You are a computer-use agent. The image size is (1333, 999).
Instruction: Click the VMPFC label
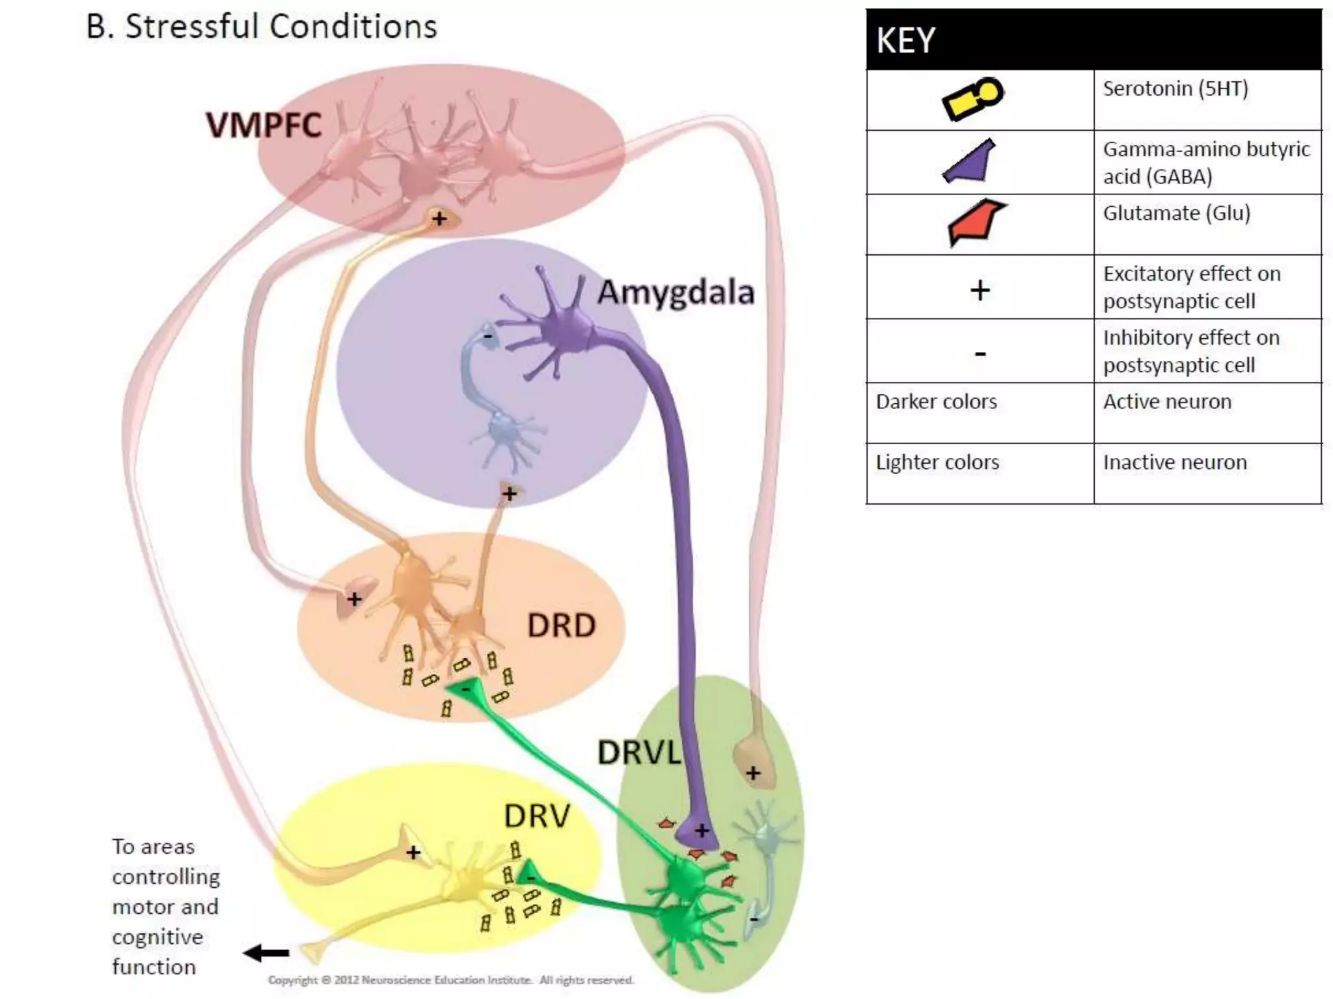(264, 125)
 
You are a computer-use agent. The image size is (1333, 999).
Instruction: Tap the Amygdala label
(676, 292)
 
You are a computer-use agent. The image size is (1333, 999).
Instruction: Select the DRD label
(561, 626)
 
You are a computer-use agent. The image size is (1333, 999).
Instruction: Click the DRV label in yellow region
(537, 816)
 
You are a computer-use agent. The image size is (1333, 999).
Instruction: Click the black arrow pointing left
(266, 953)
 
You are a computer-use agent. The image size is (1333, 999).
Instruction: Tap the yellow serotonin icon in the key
(973, 99)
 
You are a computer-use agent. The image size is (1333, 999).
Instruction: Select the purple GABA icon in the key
(970, 162)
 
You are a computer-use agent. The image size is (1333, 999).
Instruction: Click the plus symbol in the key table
(980, 290)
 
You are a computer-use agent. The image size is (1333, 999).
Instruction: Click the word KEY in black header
(905, 40)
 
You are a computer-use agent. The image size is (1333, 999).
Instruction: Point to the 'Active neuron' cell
(1167, 402)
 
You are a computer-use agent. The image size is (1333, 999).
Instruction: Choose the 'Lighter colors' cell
(937, 462)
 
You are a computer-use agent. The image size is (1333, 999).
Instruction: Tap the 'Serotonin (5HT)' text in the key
(1175, 88)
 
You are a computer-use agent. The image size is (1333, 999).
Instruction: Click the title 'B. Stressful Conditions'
(262, 27)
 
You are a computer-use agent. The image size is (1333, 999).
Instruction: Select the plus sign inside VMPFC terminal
(439, 219)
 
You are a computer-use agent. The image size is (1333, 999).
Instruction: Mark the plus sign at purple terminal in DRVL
(702, 831)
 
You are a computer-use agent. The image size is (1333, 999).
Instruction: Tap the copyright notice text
(450, 979)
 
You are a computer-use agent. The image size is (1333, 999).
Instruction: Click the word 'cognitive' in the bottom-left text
(158, 937)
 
